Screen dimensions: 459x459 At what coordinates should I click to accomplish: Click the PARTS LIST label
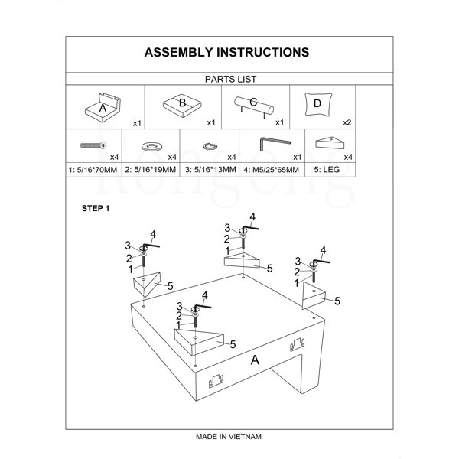click(x=229, y=79)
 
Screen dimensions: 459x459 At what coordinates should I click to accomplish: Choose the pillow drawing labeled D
click(x=316, y=104)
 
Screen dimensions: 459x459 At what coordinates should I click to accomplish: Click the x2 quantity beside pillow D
click(x=347, y=122)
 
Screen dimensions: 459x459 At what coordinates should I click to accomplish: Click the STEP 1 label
click(x=96, y=209)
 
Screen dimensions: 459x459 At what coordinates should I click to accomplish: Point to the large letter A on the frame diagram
click(x=255, y=360)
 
